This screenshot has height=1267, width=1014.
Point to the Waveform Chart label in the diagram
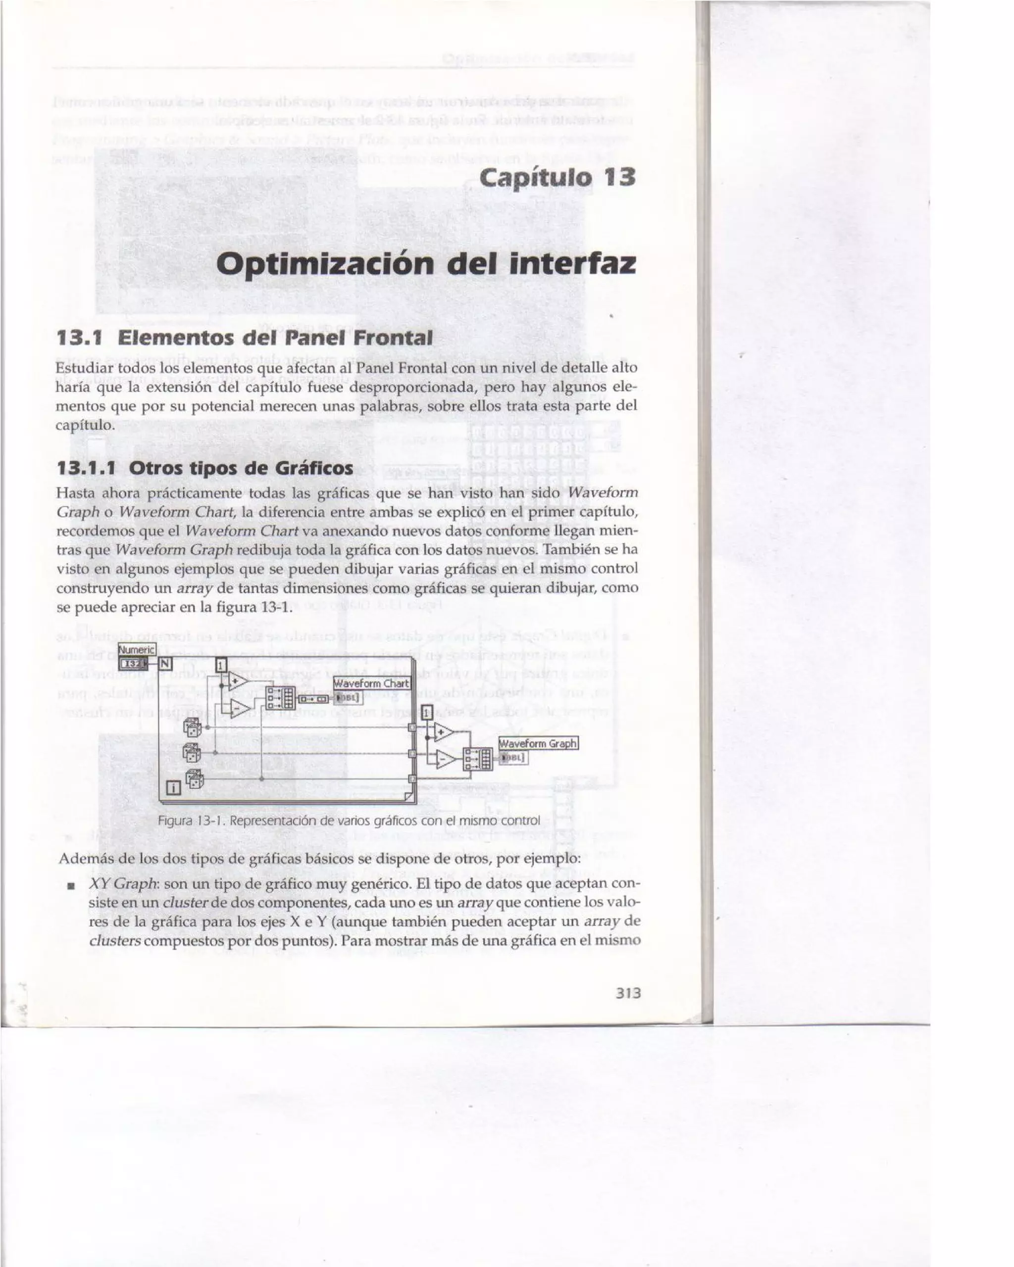371,683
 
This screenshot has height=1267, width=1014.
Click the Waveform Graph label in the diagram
538,743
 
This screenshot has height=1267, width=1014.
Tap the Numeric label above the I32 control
136,650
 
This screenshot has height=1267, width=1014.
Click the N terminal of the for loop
165,664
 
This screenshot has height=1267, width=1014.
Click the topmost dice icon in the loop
193,728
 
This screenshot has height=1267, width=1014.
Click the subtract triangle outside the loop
445,760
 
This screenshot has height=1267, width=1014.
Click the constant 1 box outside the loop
427,712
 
